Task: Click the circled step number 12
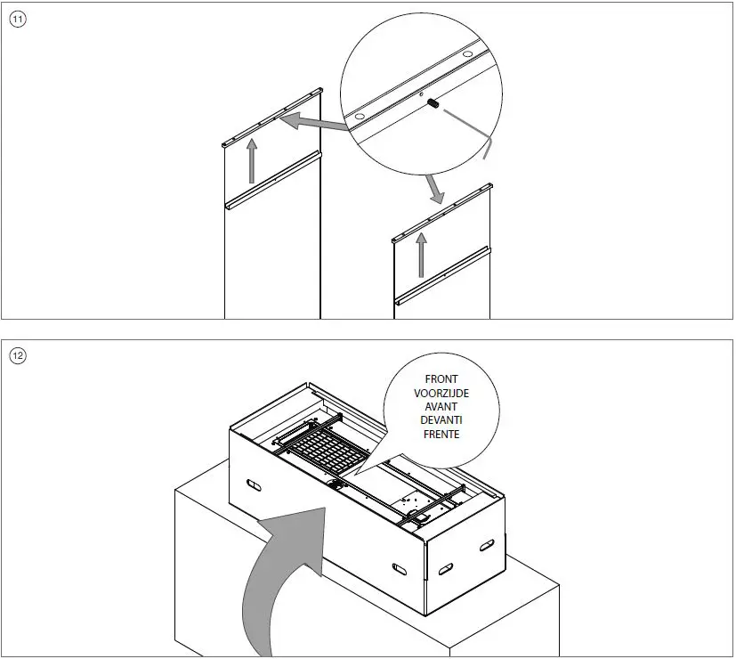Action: tap(18, 356)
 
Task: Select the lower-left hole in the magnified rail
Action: tap(360, 117)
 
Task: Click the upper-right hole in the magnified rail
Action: tap(463, 55)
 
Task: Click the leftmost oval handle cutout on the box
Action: tap(253, 486)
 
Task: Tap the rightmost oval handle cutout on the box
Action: tap(486, 545)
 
